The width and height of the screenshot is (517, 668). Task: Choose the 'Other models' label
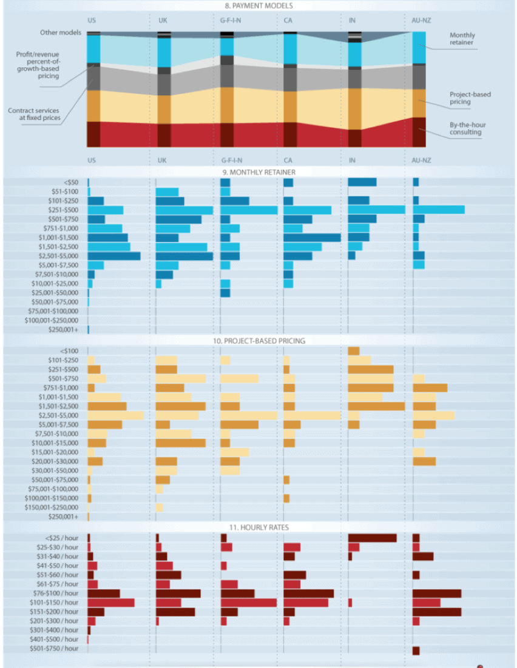click(61, 32)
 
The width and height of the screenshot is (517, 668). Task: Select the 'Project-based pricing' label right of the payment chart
click(470, 98)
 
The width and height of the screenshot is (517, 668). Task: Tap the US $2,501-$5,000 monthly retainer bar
click(114, 256)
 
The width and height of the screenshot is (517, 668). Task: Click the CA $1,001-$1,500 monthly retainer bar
click(312, 238)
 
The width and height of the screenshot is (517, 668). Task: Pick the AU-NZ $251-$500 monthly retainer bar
click(439, 210)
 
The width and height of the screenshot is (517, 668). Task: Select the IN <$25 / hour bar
click(372, 538)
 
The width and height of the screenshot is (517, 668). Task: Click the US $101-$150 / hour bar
click(111, 603)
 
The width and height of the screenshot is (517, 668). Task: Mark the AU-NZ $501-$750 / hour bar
click(416, 650)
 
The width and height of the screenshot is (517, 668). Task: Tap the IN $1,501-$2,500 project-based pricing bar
click(376, 406)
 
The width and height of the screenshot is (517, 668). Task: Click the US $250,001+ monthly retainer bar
click(89, 330)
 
